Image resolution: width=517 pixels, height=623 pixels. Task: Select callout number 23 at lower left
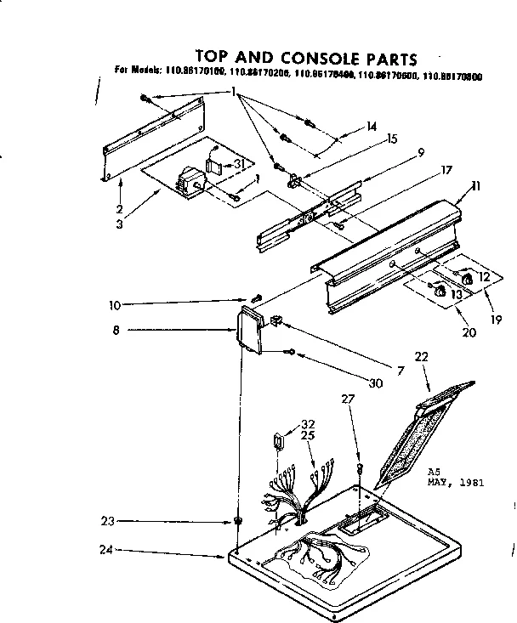point(107,521)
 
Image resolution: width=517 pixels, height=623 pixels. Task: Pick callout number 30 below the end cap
point(376,382)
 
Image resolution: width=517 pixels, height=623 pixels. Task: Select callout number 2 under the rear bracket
point(119,208)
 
